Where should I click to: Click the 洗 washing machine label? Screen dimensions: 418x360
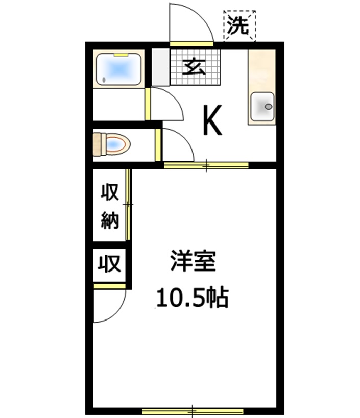point(239,26)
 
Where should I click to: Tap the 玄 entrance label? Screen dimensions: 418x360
point(195,67)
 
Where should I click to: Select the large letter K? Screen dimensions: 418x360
point(212,121)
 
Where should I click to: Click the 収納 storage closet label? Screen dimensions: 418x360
point(109,206)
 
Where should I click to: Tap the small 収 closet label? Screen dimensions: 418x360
point(109,264)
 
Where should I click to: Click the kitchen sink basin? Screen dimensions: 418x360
point(262,106)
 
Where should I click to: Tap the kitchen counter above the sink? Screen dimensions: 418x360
point(261,69)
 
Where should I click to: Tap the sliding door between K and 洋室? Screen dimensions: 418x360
point(206,165)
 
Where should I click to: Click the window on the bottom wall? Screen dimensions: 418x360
point(193,410)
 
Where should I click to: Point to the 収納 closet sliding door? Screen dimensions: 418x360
point(129,204)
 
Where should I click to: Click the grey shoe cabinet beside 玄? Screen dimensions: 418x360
point(160,67)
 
